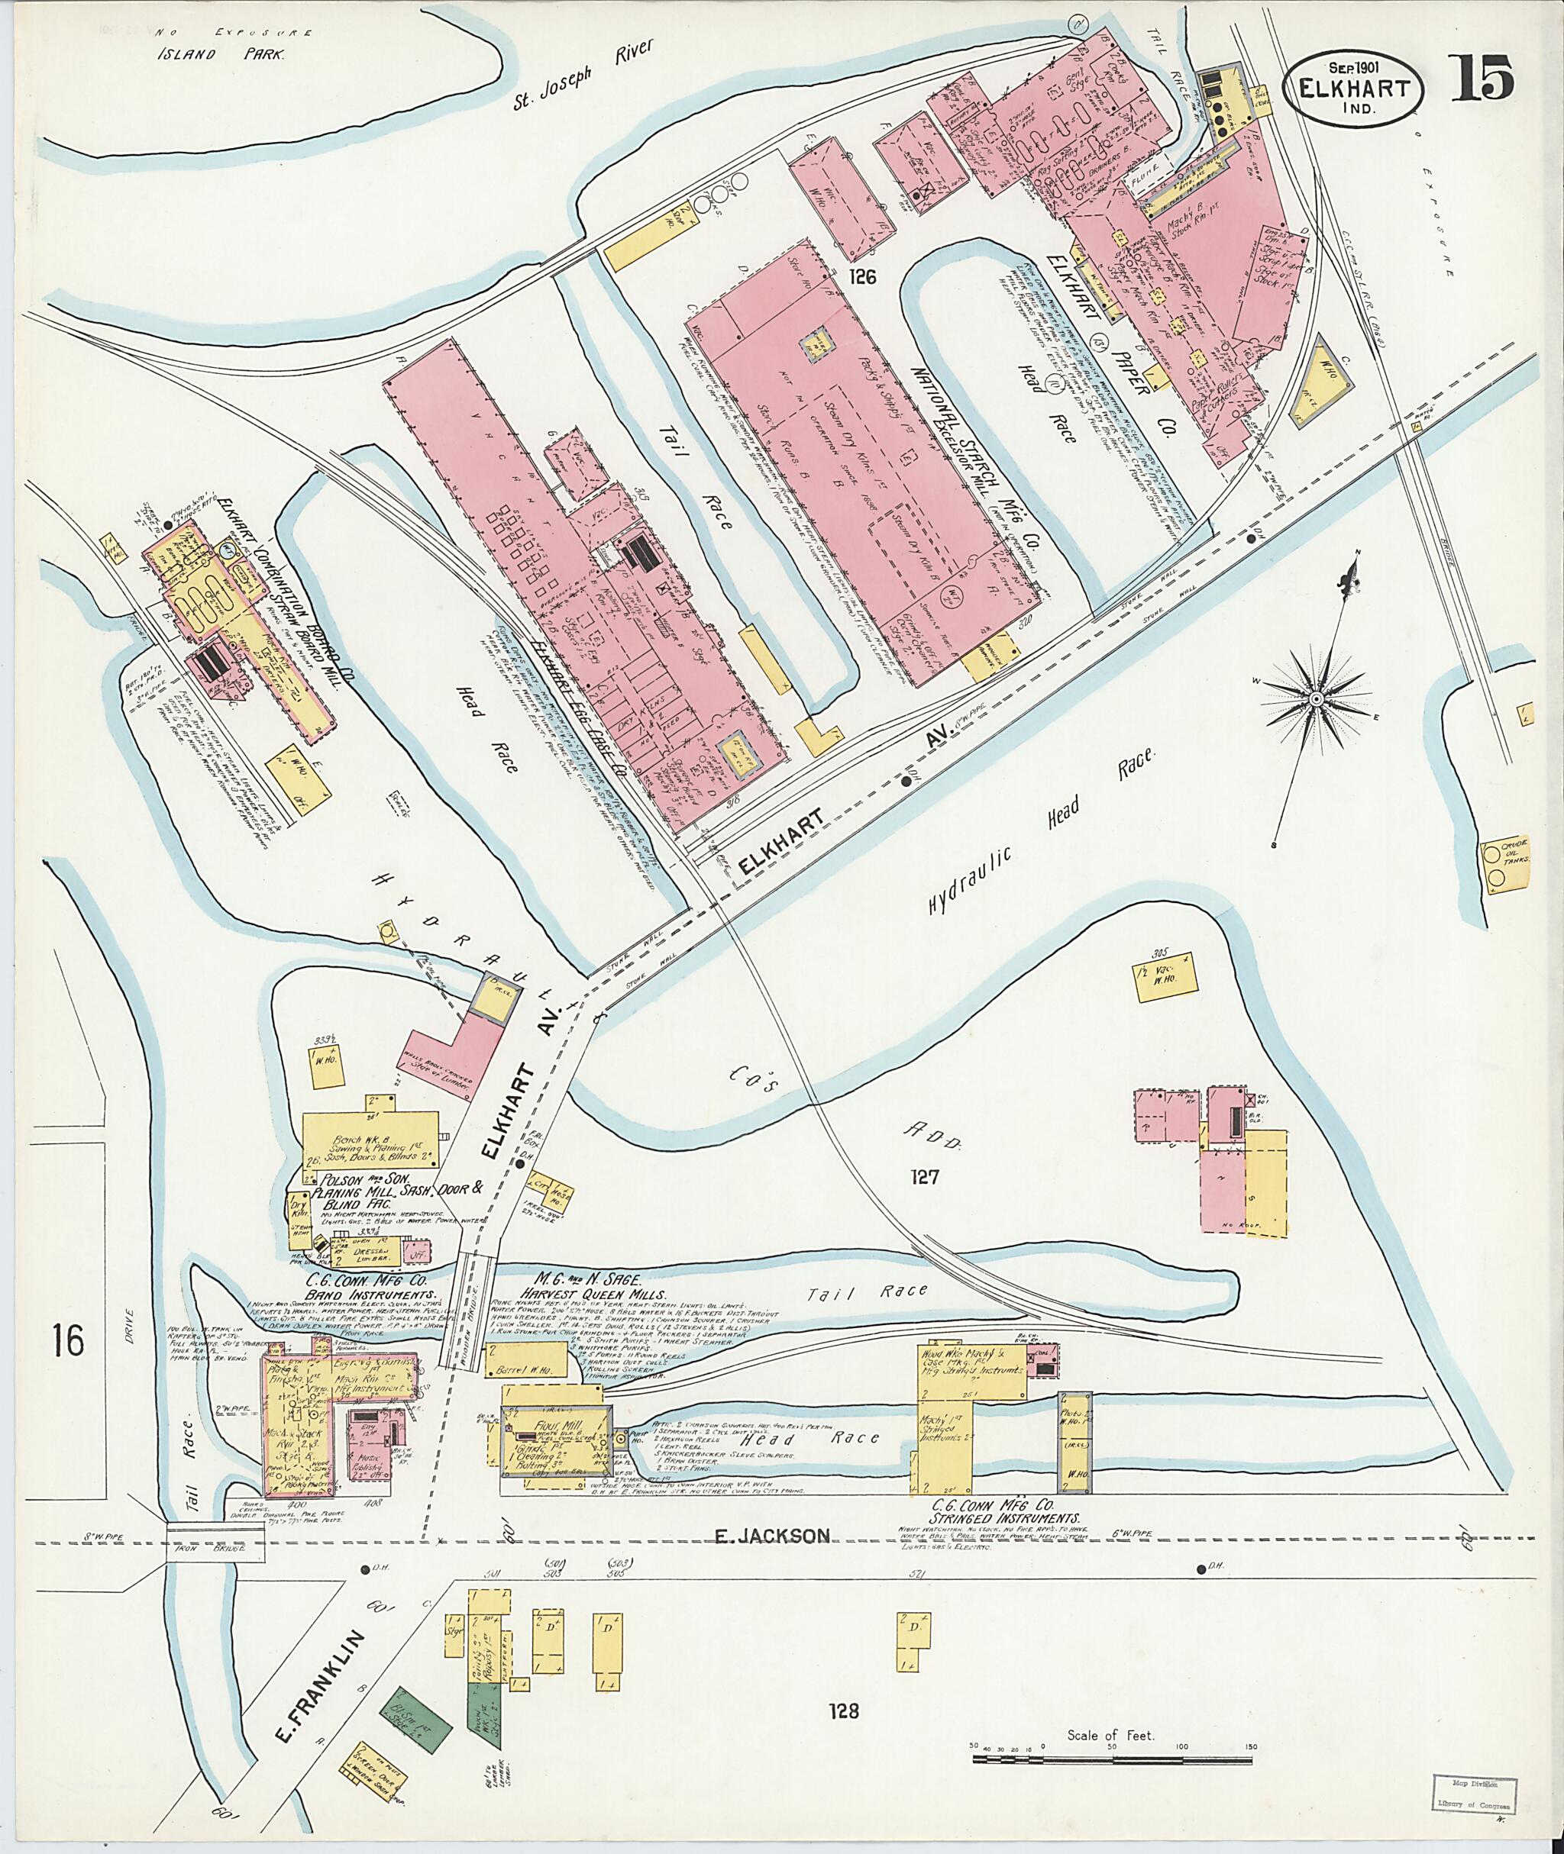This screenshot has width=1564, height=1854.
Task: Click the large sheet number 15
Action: [x=1482, y=78]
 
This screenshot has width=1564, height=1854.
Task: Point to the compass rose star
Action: [x=1316, y=700]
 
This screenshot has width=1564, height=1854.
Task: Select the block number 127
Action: [x=923, y=1177]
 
